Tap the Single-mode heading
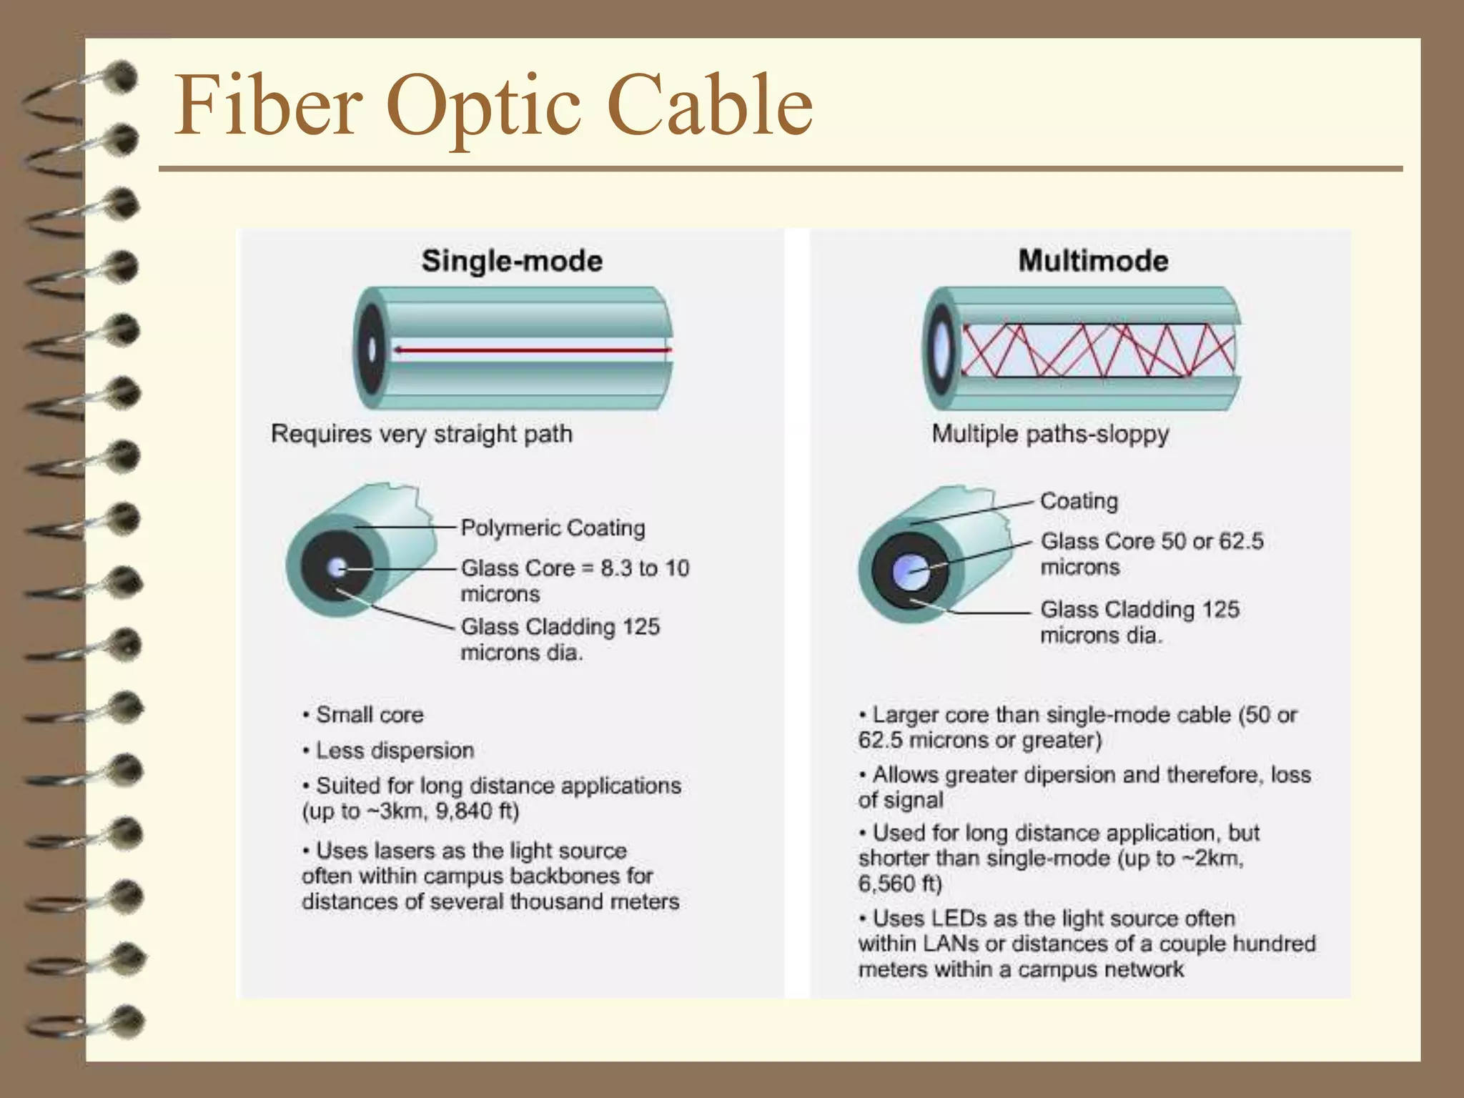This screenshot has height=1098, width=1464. tap(512, 261)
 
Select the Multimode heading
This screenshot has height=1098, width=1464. tap(1093, 261)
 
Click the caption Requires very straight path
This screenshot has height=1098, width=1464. tap(422, 434)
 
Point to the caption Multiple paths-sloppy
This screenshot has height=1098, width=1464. tap(1050, 434)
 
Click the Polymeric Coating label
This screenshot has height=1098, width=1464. tap(553, 528)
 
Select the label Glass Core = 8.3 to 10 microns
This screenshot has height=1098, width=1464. tap(575, 580)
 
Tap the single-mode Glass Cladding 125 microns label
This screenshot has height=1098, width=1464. tap(560, 639)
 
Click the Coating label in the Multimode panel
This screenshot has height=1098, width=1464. tap(1079, 501)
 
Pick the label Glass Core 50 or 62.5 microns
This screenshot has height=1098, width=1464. tap(1152, 553)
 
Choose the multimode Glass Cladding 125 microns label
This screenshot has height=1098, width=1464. tap(1139, 622)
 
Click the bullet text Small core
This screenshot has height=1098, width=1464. tap(370, 715)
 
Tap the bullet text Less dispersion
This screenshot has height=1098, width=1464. tap(395, 751)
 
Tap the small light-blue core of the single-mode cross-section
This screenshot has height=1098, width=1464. tap(337, 569)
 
